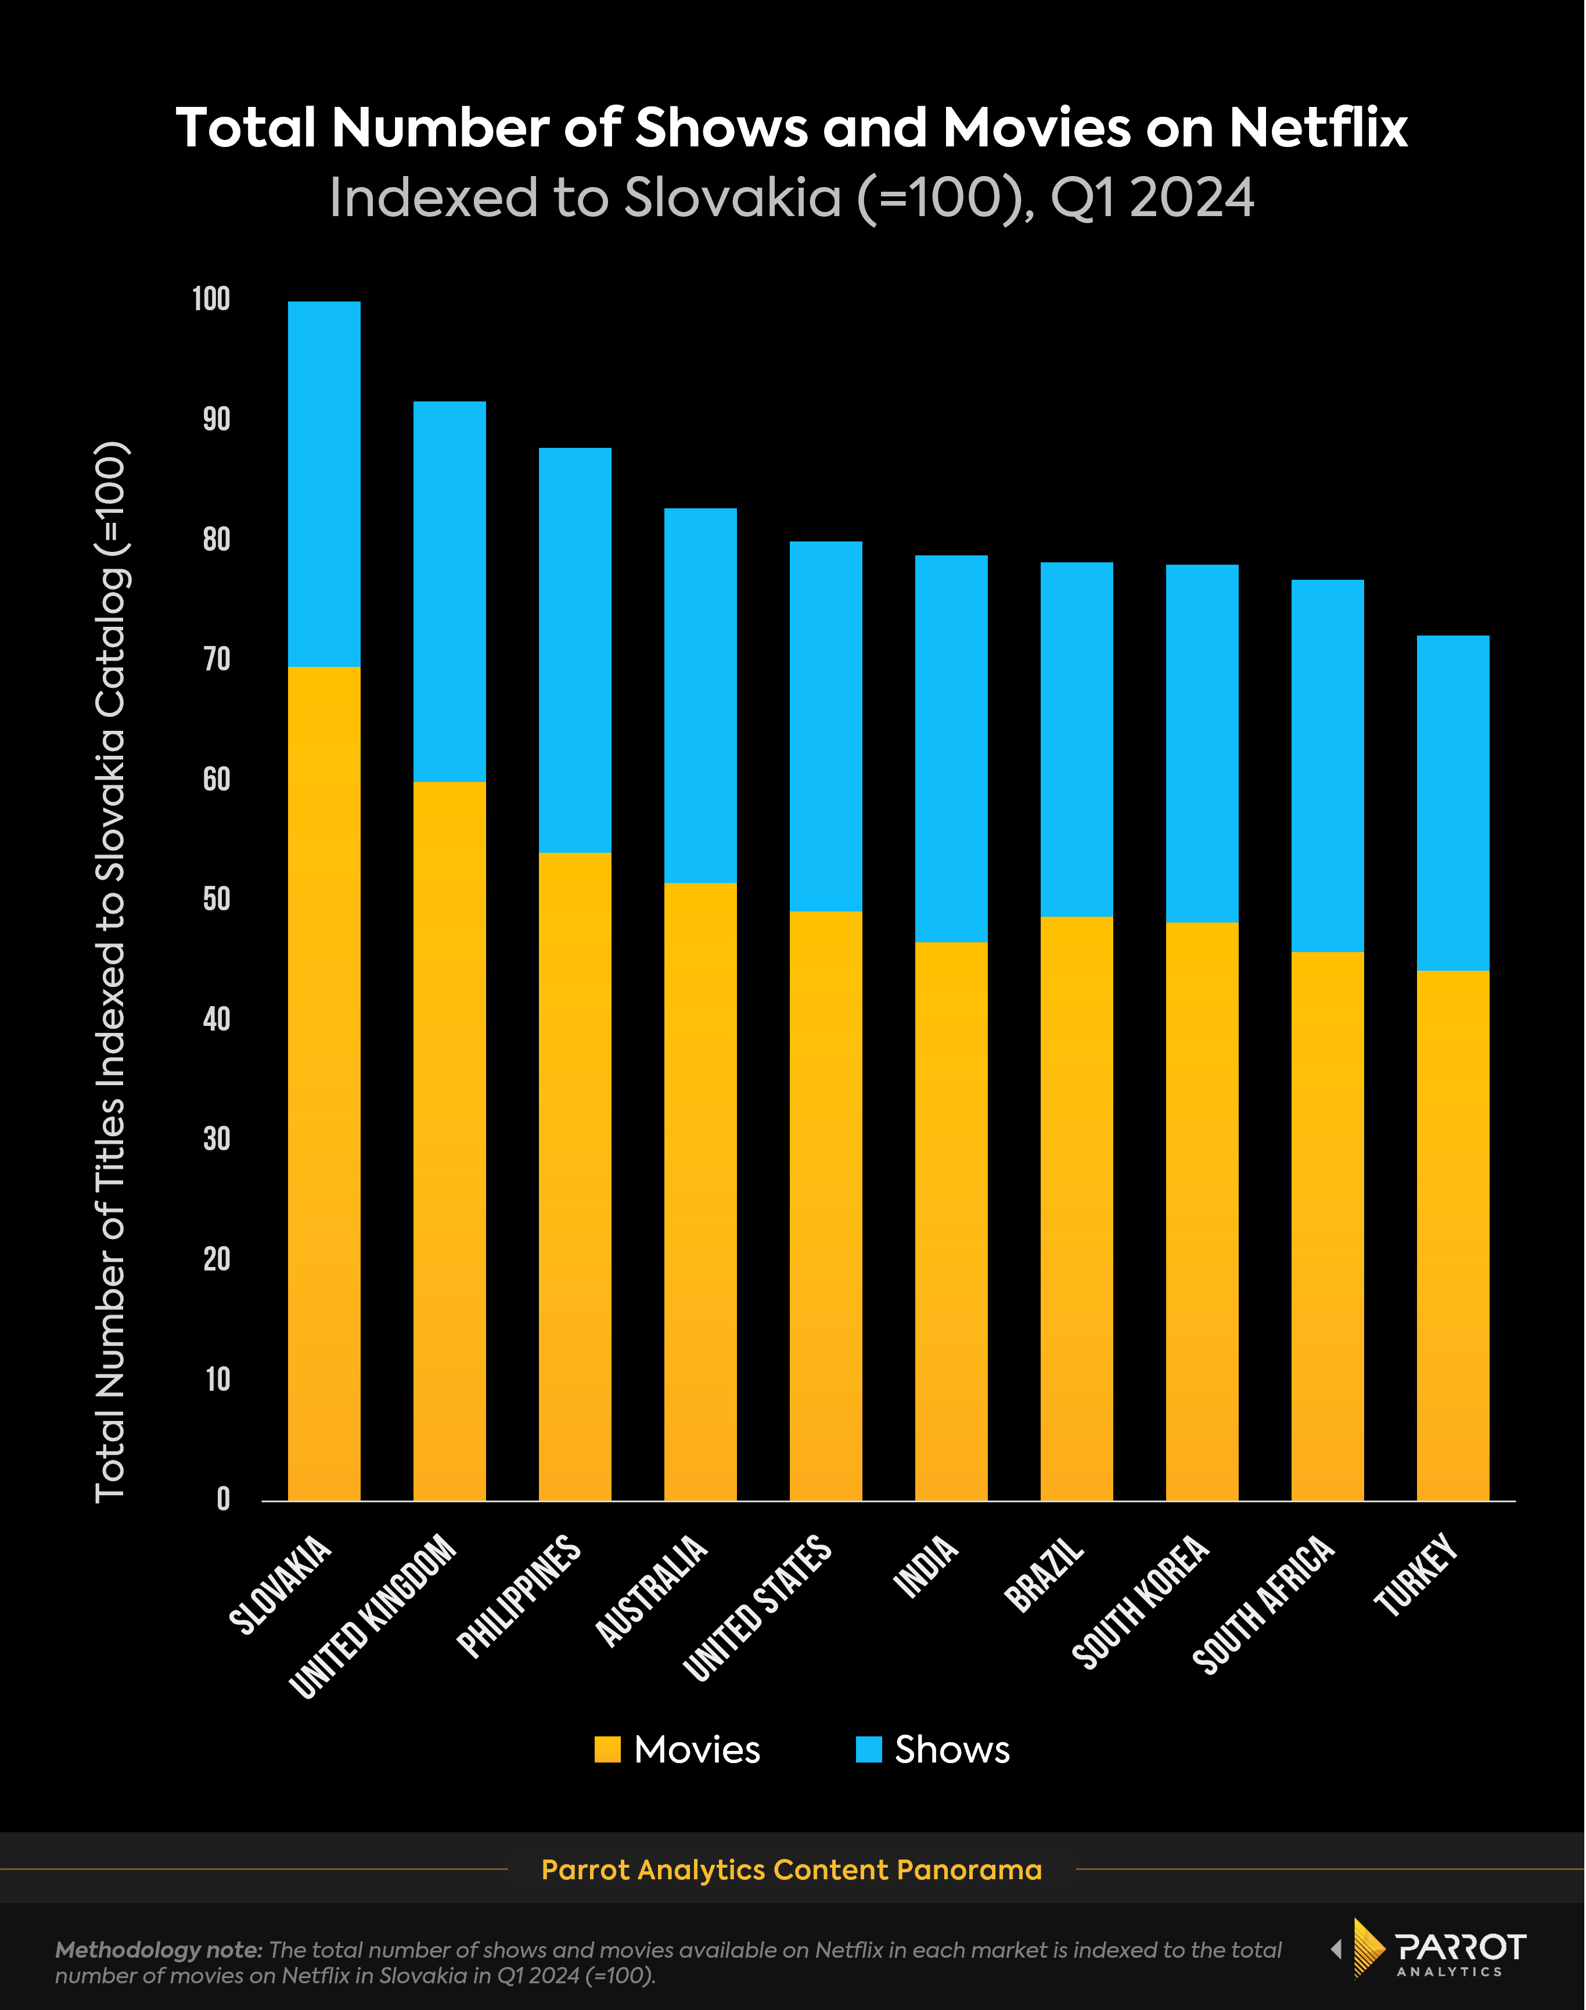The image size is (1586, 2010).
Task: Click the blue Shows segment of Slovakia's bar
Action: pos(324,483)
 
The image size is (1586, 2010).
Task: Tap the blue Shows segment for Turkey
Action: pos(1452,803)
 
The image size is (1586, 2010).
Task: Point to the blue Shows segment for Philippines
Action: pos(575,650)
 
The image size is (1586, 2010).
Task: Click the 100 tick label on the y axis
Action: pos(211,299)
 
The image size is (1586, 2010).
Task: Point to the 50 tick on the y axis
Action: pos(217,899)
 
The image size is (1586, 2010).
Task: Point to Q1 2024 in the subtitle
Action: pos(1152,198)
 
